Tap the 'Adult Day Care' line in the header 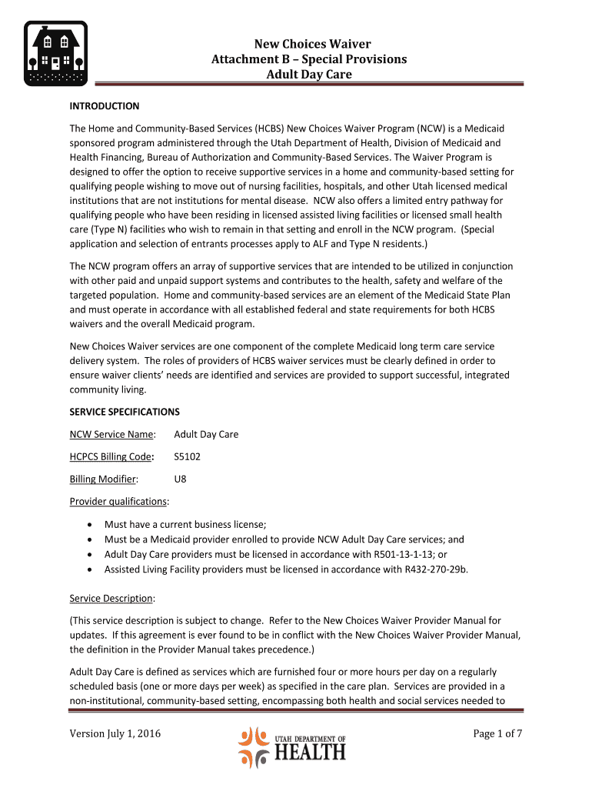pyautogui.click(x=308, y=75)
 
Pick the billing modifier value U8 pyautogui.click(x=181, y=479)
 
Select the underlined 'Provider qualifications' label pyautogui.click(x=118, y=502)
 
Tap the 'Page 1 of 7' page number pyautogui.click(x=497, y=733)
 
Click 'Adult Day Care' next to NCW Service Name pyautogui.click(x=206, y=434)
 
